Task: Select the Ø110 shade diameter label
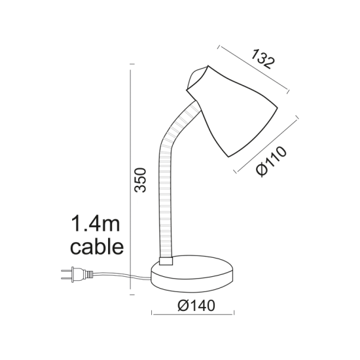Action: coord(271,162)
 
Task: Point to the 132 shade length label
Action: coord(262,59)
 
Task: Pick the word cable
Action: coord(96,247)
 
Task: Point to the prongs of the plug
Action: coord(65,276)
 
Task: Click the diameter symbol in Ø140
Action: coord(183,306)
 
